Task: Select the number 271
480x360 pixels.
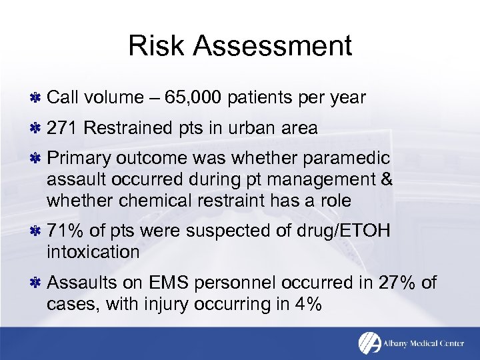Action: point(63,128)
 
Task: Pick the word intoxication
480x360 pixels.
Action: point(93,251)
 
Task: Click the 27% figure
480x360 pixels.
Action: point(397,283)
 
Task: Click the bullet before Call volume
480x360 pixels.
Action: point(37,98)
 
